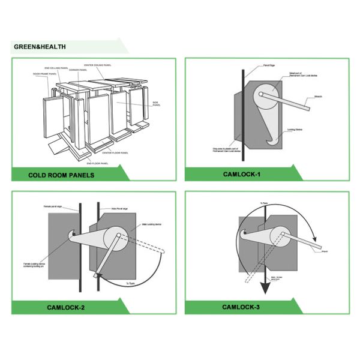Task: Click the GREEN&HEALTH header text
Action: point(40,47)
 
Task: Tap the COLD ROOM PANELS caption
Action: point(61,175)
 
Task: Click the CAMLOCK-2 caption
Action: point(65,307)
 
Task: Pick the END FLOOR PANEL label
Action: point(97,163)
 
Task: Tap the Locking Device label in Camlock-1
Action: point(295,129)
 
